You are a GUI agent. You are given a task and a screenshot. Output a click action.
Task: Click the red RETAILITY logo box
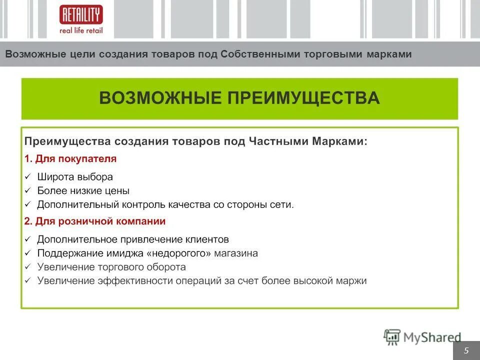(x=80, y=14)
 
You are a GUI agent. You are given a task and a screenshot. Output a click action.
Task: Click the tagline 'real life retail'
(x=80, y=30)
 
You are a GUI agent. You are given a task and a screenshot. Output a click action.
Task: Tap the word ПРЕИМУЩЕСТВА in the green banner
(x=303, y=97)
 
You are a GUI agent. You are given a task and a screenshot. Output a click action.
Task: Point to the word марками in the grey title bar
(x=389, y=54)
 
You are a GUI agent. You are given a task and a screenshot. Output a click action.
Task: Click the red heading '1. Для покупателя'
(x=70, y=159)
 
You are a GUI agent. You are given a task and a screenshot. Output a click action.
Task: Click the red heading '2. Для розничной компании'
(x=95, y=221)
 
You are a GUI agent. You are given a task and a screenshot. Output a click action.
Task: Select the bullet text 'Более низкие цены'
(x=83, y=191)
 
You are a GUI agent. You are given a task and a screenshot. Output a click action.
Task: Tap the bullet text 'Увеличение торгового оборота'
(x=111, y=267)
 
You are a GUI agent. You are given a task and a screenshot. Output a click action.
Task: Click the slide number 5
(x=466, y=350)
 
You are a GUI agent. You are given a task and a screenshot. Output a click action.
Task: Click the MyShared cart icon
(x=392, y=337)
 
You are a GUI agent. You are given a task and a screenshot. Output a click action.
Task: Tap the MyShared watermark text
(x=432, y=337)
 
